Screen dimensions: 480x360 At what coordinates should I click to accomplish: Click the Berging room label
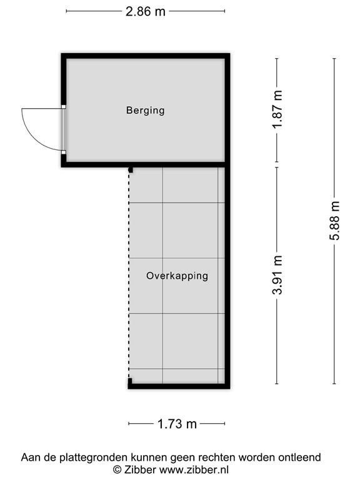pos(145,111)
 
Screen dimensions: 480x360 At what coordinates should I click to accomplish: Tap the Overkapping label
pos(177,276)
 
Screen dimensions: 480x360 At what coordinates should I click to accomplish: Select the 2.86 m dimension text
pos(146,11)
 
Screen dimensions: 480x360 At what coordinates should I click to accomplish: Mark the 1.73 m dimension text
pos(177,424)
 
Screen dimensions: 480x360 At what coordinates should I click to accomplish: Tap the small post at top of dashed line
pos(131,169)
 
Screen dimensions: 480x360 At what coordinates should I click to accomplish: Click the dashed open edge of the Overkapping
pos(129,275)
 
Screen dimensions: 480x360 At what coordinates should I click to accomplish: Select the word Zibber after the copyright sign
pos(141,469)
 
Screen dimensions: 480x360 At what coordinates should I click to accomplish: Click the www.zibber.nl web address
pos(194,469)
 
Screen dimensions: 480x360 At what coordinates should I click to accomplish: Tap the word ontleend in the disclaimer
pos(299,457)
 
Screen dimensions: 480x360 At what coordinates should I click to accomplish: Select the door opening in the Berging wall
pos(64,129)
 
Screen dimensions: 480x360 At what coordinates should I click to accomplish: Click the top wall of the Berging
pos(145,56)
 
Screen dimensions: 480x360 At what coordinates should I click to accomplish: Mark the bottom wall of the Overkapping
pos(177,386)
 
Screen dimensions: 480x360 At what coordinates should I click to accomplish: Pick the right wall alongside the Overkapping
pos(227,275)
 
